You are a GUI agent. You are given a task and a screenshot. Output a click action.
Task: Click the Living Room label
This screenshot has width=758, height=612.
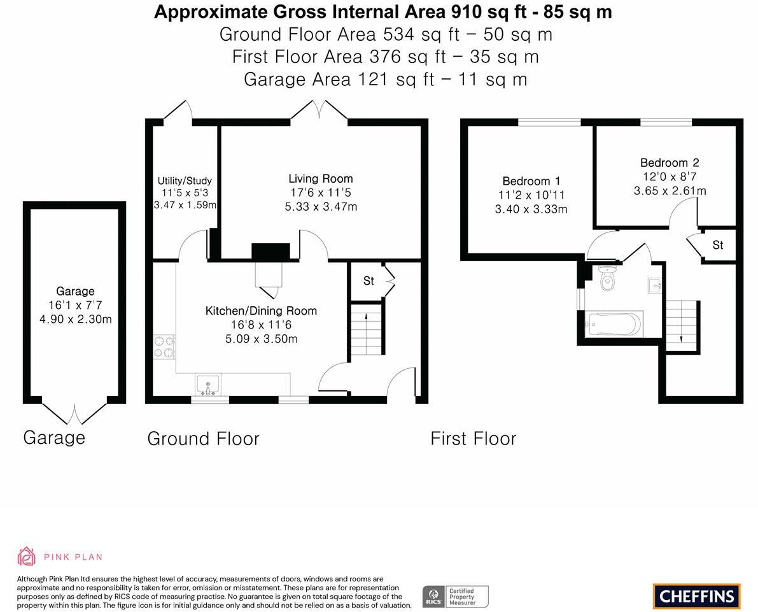[x=321, y=178]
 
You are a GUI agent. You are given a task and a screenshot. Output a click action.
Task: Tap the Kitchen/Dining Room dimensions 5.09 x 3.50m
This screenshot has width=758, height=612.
[x=262, y=339]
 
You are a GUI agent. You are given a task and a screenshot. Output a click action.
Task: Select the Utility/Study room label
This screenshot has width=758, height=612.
[x=185, y=181]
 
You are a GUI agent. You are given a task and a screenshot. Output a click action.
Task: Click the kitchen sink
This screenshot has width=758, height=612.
[x=208, y=385]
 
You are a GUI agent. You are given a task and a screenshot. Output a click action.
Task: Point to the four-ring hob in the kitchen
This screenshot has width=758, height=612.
[x=164, y=347]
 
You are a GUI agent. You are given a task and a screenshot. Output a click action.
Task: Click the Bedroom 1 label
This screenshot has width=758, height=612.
[x=531, y=181]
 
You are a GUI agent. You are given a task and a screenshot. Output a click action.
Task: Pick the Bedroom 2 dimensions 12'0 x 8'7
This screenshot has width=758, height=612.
[x=670, y=176]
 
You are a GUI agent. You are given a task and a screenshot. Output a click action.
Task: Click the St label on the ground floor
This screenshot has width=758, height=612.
[x=368, y=281]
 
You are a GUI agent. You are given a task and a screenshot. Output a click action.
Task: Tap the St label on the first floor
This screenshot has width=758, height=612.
[x=718, y=245]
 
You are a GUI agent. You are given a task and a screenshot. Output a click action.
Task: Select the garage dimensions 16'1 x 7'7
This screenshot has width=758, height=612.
[x=75, y=305]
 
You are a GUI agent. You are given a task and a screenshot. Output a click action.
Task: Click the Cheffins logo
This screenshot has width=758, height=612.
[x=697, y=596]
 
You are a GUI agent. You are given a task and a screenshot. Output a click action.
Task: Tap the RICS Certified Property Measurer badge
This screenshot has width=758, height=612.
[x=456, y=597]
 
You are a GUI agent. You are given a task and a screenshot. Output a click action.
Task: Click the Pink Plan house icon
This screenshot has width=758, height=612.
[x=26, y=557]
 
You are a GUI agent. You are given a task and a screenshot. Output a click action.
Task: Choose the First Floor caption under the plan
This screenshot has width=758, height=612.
[x=474, y=439]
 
